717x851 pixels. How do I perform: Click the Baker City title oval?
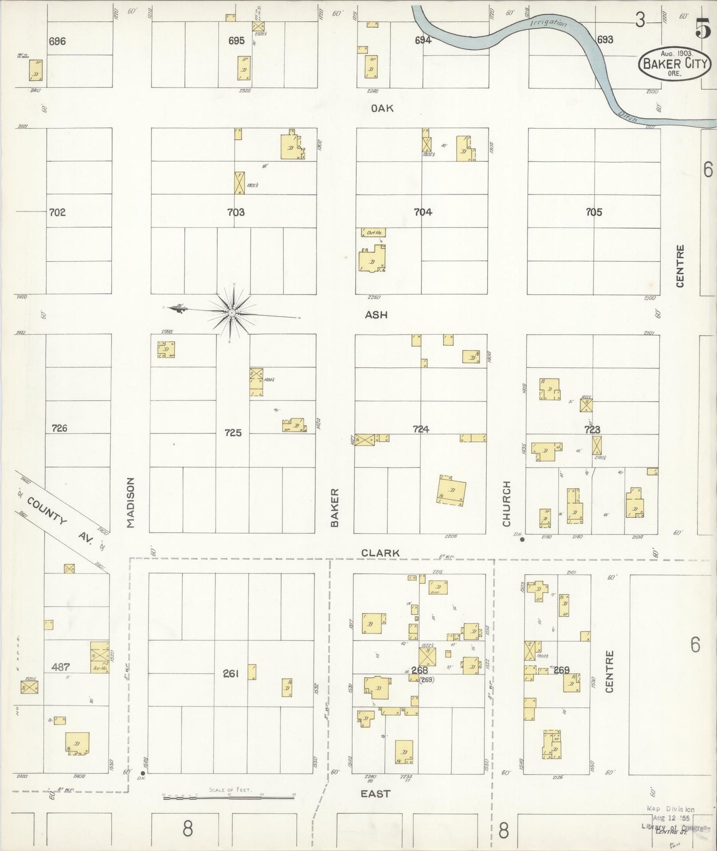coord(673,63)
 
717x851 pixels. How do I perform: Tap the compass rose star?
coord(231,312)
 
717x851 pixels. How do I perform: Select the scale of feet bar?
coord(228,796)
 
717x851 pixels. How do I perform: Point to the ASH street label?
coord(376,315)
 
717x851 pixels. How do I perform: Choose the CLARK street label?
coord(380,553)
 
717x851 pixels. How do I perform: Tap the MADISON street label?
coord(130,502)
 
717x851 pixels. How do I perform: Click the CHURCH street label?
coord(507,503)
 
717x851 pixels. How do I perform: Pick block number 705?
coord(593,213)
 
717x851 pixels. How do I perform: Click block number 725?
coord(233,433)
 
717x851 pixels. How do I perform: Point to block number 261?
coord(231,674)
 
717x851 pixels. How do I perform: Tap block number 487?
coord(61,667)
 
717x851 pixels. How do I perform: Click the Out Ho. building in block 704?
coord(373,232)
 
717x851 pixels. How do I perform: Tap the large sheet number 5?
coord(702,30)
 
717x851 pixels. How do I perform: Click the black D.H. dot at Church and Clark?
coord(522,540)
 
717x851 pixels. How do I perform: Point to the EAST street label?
coord(376,794)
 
